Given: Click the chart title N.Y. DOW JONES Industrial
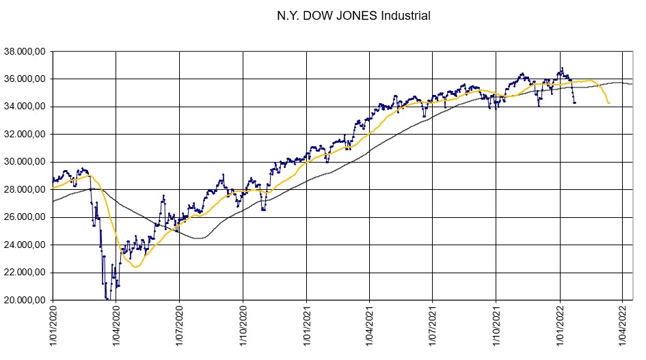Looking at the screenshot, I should click(353, 15).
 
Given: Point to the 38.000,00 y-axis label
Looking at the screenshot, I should click(24, 51).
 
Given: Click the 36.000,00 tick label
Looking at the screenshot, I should click(24, 79).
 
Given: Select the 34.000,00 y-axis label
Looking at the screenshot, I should click(24, 107).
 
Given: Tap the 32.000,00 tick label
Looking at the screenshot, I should click(24, 135).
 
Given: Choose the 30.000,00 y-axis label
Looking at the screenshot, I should click(24, 162).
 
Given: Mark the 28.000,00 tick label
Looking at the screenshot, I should click(24, 190).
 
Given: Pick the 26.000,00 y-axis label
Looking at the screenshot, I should click(24, 217).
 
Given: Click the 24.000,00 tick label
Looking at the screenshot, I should click(24, 245).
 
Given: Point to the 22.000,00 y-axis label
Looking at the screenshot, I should click(24, 273).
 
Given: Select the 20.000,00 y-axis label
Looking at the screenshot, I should click(24, 301).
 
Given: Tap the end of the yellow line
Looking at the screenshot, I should click(609, 103).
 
